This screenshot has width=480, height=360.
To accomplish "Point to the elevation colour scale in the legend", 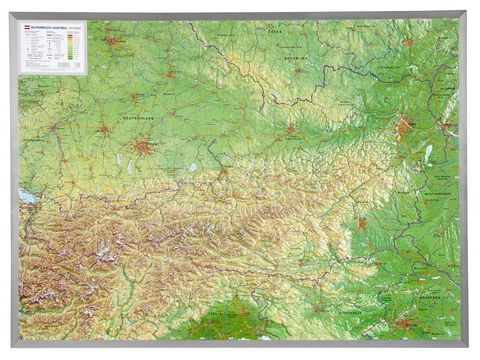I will tap(71, 44).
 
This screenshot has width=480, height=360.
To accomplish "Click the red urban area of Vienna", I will tap(403, 127).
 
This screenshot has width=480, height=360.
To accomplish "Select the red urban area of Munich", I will tap(146, 147).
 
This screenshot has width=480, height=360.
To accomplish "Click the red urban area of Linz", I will tap(290, 129).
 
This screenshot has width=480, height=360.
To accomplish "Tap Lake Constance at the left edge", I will tap(27, 196).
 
